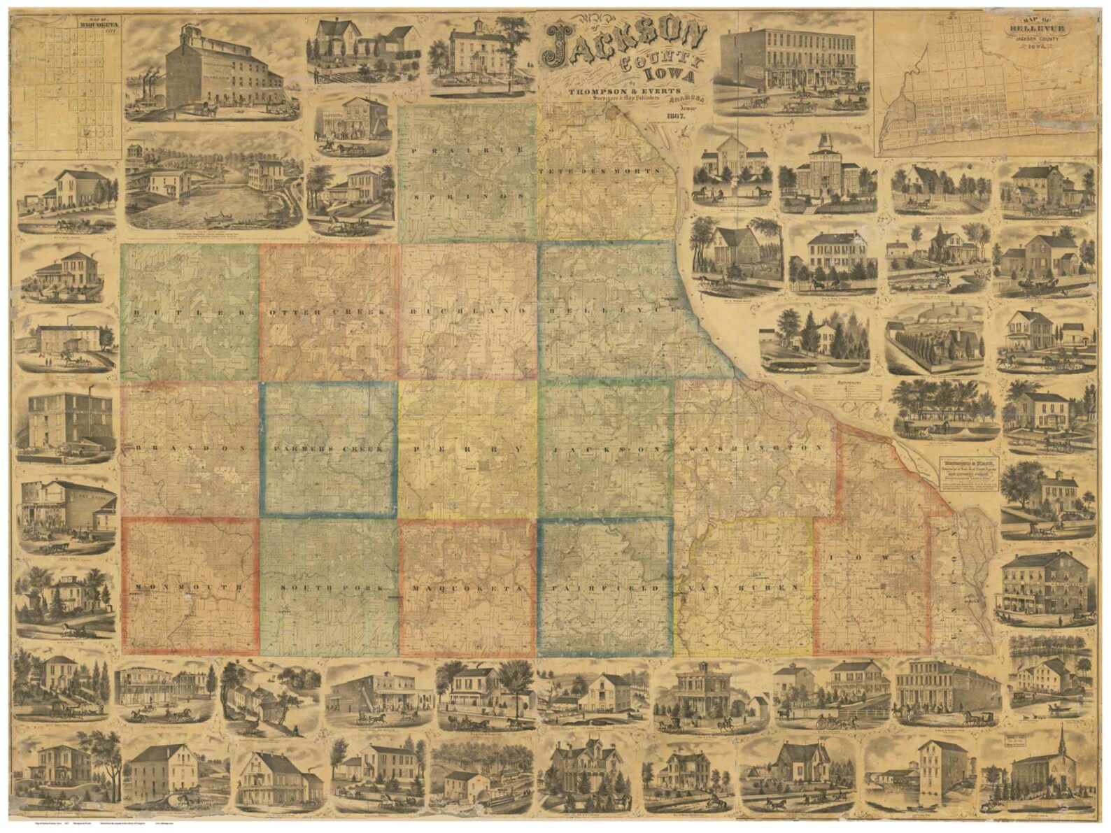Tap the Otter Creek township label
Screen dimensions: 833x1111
click(327, 312)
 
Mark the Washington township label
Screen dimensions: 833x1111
click(754, 448)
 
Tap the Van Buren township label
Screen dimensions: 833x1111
click(744, 588)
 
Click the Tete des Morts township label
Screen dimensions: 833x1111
click(600, 171)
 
